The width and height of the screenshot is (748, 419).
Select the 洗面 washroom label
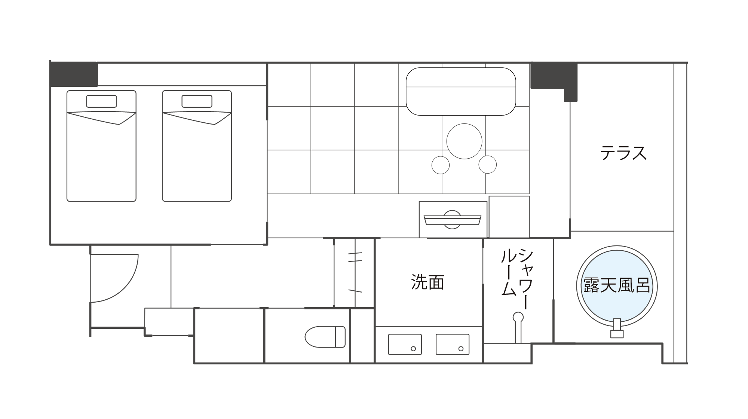pos(427,282)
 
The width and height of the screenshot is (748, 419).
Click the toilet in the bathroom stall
pos(325,337)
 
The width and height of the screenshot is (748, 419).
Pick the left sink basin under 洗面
pos(405,344)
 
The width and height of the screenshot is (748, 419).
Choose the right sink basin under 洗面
pos(453,344)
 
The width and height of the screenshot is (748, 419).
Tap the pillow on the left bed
pos(101,101)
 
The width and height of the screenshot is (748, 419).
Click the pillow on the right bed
pos(197,101)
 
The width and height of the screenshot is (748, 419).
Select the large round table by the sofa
pos(464,141)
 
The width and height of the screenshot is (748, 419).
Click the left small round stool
pos(441,165)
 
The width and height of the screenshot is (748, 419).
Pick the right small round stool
pos(488,165)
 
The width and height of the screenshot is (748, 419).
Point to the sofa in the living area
pos(461,91)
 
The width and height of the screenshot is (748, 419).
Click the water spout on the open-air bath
pos(617,328)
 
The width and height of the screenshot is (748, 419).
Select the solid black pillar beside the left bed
pos(74,74)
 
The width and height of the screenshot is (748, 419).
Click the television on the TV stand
pos(453,220)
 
